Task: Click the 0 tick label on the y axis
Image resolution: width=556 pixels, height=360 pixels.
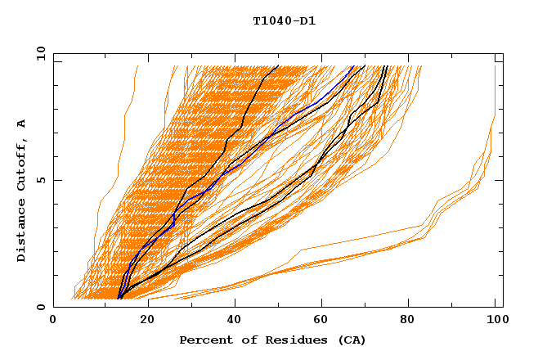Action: click(40, 307)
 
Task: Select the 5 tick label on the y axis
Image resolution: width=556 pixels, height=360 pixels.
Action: click(40, 180)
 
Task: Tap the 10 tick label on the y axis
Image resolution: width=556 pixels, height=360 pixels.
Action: click(38, 53)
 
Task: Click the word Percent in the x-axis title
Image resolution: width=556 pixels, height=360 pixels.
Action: click(204, 340)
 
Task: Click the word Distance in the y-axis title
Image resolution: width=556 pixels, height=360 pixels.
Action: click(22, 233)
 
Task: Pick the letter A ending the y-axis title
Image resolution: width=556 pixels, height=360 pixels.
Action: click(22, 124)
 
